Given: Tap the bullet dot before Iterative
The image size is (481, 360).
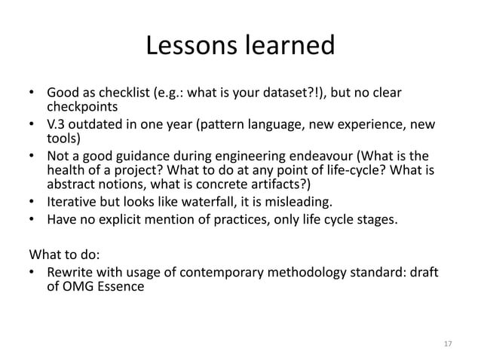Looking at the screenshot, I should click(32, 203).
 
